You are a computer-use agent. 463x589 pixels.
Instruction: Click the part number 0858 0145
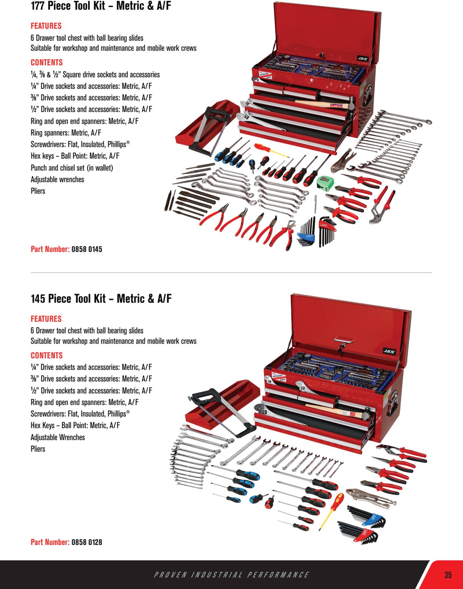point(87,249)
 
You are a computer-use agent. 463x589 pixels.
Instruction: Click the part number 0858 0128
point(87,542)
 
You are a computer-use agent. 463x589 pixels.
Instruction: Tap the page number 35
point(448,575)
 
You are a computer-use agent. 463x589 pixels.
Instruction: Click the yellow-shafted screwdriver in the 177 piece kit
point(271,150)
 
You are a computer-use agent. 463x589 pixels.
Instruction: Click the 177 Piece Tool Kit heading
point(101,6)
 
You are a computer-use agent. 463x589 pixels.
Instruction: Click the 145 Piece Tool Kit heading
point(101,298)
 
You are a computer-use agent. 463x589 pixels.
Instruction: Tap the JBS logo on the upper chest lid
point(362,58)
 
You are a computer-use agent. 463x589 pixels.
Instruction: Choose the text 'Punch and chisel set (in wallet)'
point(72,168)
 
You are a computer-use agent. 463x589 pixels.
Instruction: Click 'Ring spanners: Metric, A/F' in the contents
point(66,133)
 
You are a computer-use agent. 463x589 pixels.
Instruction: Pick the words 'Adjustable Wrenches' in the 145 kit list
point(58,437)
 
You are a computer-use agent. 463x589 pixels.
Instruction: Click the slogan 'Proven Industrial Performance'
point(231,575)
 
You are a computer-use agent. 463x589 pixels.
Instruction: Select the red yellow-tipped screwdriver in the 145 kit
point(331,511)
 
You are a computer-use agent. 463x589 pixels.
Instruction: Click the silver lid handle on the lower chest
point(344,339)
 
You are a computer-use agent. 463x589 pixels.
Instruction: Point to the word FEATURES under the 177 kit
point(46,26)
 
